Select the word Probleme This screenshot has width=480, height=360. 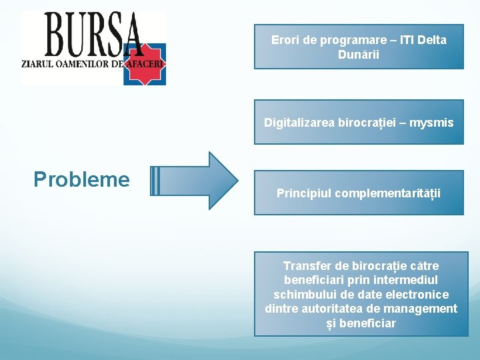tap(81, 179)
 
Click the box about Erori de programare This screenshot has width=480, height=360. tap(359, 47)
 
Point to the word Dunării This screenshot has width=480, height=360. tap(359, 54)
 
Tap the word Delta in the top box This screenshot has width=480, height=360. tap(432, 40)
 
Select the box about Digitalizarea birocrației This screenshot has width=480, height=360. tap(359, 122)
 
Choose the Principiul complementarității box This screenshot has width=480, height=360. tap(359, 193)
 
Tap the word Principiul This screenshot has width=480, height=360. tap(304, 194)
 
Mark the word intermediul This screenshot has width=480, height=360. tap(407, 280)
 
